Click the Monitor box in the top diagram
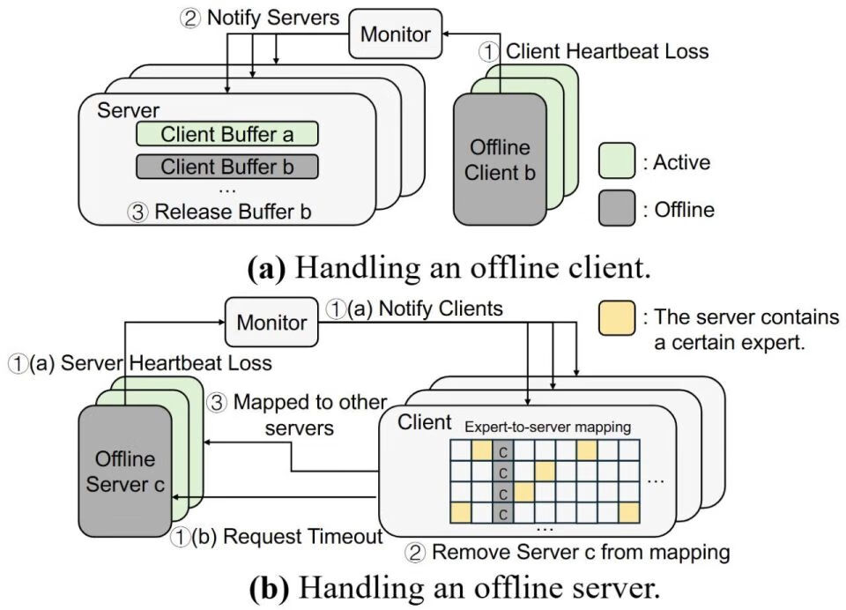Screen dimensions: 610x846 (x=397, y=34)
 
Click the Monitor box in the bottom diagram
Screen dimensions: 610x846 (x=271, y=323)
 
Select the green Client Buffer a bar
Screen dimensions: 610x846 (x=226, y=134)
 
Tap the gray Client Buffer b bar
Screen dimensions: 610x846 (x=226, y=166)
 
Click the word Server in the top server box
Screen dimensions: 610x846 (x=128, y=110)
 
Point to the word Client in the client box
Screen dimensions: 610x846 (x=425, y=421)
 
